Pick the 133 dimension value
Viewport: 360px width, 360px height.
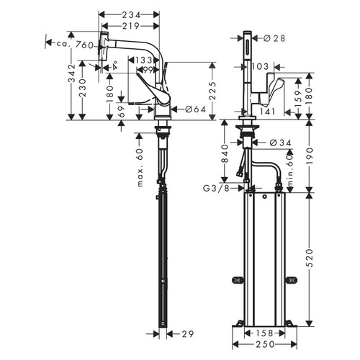tap(147, 60)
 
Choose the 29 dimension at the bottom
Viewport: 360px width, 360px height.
tap(186, 335)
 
